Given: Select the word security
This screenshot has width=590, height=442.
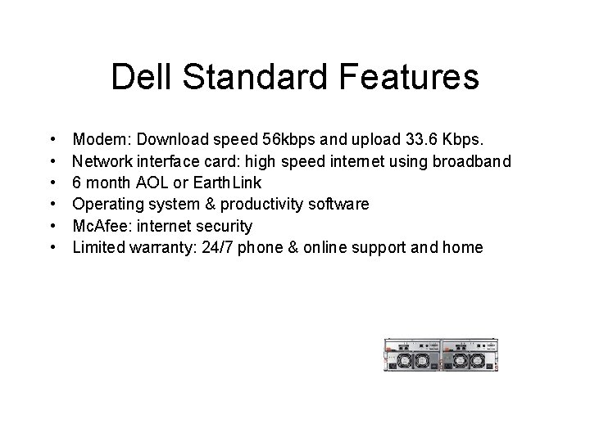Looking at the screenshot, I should [x=224, y=225].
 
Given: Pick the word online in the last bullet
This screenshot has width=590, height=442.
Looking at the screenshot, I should [x=324, y=247].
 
